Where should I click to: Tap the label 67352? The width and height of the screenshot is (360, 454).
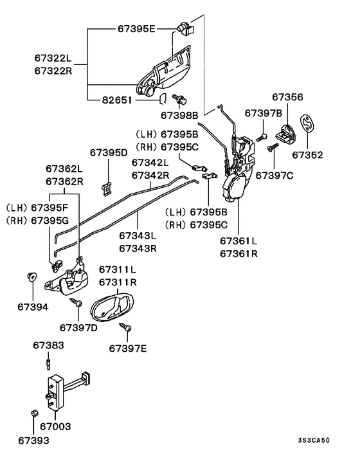[x=307, y=155]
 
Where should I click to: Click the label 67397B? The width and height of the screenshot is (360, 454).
[x=264, y=113]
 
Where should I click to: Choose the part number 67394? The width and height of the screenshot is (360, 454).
[x=32, y=307]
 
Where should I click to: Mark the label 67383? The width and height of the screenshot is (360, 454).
[x=48, y=346]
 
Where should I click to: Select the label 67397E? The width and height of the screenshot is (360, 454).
[x=128, y=349]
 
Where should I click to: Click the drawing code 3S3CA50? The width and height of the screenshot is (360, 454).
[x=314, y=440]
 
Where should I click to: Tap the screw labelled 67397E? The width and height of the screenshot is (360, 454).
[x=125, y=329]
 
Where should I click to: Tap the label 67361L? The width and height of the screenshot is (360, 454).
[x=239, y=241]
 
